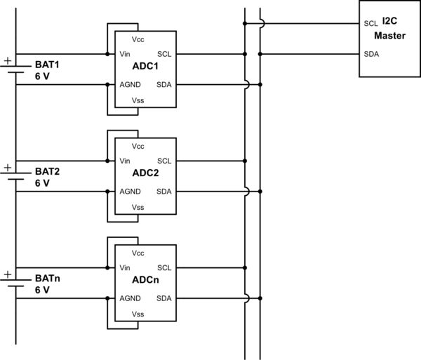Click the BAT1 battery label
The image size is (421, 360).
pos(48,65)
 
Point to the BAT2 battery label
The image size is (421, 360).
pos(48,171)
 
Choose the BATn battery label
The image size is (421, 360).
pos(48,278)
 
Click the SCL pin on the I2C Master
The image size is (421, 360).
pos(371,23)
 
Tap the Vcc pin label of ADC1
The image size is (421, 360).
pos(138,39)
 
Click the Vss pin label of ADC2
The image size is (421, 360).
pos(138,207)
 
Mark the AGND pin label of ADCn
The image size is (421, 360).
pos(131,298)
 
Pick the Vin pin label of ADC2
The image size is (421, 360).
pos(126,161)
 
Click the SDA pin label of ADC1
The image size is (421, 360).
pos(163,84)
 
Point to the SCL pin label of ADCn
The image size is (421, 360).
pos(164,267)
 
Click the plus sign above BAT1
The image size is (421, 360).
pos(8,61)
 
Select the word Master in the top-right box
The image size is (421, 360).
pos(389,36)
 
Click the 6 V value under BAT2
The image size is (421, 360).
pos(42,183)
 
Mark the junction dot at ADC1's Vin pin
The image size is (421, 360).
pos(107,53)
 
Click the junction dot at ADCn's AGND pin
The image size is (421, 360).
pos(107,298)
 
